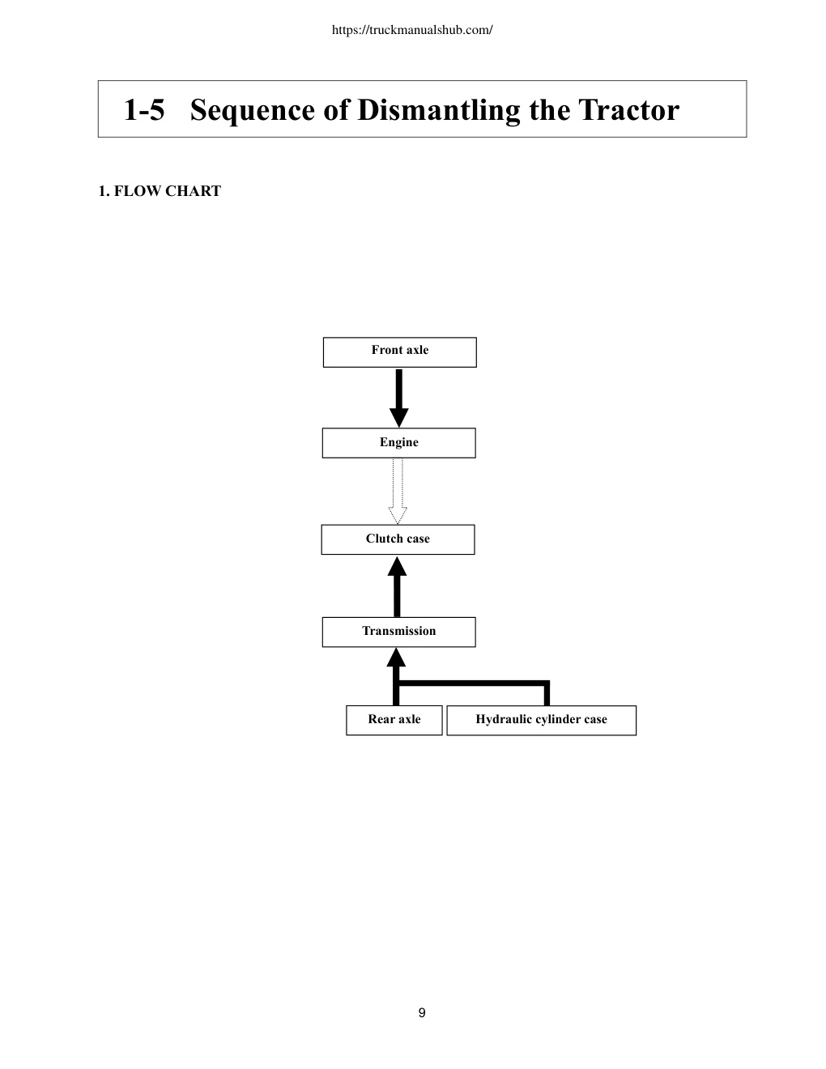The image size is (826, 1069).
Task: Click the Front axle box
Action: click(399, 352)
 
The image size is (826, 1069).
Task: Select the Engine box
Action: click(399, 443)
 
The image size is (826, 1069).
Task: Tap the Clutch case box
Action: click(398, 539)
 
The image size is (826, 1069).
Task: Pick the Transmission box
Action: click(399, 632)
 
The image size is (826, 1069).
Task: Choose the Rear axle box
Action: click(394, 720)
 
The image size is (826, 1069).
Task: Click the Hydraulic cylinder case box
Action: click(541, 720)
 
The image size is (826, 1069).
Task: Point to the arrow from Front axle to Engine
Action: click(399, 398)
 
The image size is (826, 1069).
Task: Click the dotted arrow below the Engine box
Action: click(398, 492)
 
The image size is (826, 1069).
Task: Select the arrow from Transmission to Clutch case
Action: click(397, 586)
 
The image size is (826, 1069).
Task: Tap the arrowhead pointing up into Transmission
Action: click(396, 658)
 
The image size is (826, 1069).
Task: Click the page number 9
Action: click(422, 1012)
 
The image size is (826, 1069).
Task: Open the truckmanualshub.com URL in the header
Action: click(412, 30)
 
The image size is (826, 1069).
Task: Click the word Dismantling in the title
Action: click(439, 110)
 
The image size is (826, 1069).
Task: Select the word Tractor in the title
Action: click(628, 109)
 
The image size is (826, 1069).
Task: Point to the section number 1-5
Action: click(144, 109)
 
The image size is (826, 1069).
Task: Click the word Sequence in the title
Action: click(253, 110)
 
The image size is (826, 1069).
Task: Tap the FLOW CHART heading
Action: click(168, 191)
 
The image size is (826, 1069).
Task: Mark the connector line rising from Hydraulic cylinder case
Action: click(547, 693)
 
